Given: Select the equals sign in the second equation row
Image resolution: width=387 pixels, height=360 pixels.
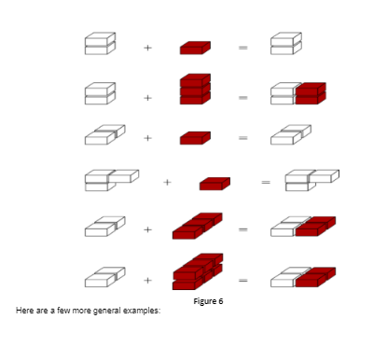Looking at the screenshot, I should pyautogui.click(x=241, y=95).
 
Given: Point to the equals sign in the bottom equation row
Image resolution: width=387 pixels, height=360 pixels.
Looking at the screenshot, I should pyautogui.click(x=241, y=279).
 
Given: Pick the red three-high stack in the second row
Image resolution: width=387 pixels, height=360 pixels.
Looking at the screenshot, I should pyautogui.click(x=195, y=90).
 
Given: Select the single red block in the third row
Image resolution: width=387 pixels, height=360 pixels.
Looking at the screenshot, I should pyautogui.click(x=195, y=138).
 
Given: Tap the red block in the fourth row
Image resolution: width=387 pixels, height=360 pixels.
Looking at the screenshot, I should pyautogui.click(x=214, y=183).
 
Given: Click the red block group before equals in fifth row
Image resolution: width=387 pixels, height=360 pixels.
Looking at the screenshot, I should pyautogui.click(x=197, y=227).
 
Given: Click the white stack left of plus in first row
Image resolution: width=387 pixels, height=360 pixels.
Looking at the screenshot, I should pyautogui.click(x=99, y=43).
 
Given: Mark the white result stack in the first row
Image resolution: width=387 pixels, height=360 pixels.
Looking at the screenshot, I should pyautogui.click(x=285, y=43).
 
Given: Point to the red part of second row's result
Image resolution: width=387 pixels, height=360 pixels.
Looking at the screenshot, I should pyautogui.click(x=311, y=93).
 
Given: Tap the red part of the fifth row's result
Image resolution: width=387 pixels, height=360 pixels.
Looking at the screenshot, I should pyautogui.click(x=312, y=227).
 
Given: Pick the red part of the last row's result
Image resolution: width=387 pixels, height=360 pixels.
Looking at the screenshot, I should pyautogui.click(x=312, y=276).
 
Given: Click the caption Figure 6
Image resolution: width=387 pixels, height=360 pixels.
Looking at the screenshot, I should pyautogui.click(x=208, y=301).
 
